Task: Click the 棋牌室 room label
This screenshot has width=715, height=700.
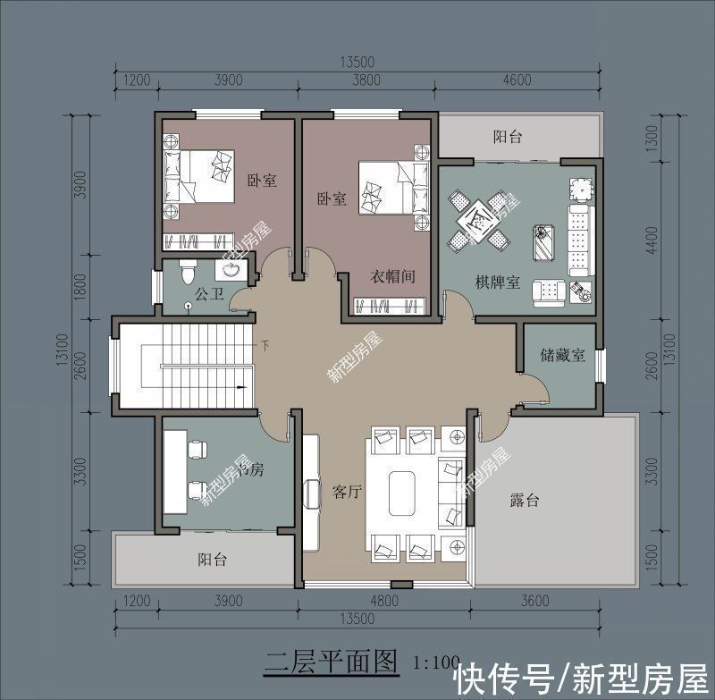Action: (x=499, y=283)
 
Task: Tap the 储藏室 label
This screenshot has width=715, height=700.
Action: (x=563, y=355)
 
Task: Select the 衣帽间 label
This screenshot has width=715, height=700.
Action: (x=393, y=276)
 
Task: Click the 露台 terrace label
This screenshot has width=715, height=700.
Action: (x=525, y=501)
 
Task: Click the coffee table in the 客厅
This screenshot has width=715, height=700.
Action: (x=402, y=491)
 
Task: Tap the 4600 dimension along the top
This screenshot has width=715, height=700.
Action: (x=517, y=80)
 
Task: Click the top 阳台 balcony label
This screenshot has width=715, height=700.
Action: (x=508, y=137)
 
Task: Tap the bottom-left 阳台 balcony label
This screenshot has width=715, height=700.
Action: (x=212, y=561)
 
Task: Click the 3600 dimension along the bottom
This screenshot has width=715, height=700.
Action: (x=534, y=602)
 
